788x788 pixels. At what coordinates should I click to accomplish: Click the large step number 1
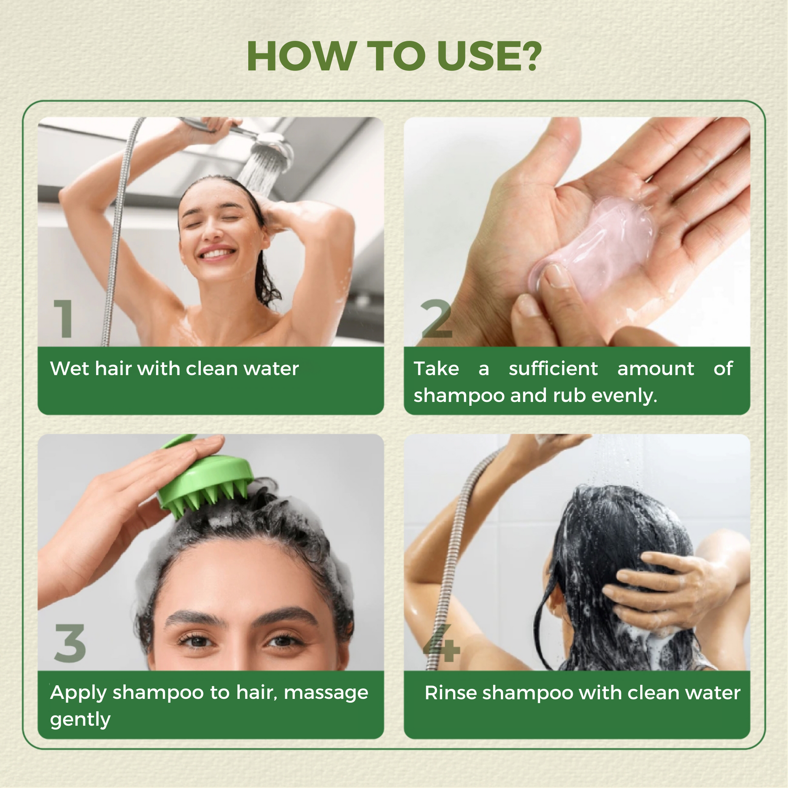(x=64, y=318)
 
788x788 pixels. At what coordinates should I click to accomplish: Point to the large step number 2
(x=437, y=319)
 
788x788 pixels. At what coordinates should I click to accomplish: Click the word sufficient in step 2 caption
(x=554, y=369)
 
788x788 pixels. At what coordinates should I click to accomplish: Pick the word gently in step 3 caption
(x=80, y=720)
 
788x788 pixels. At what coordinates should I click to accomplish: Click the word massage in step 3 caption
(x=326, y=694)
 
